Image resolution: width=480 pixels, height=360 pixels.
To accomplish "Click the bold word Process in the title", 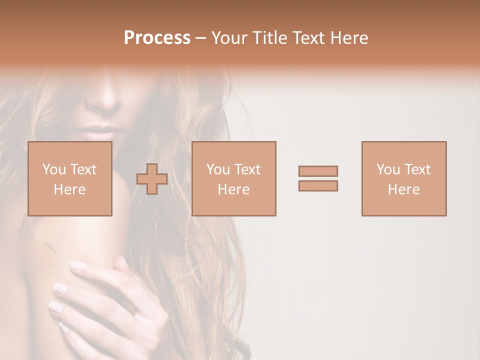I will [x=157, y=38].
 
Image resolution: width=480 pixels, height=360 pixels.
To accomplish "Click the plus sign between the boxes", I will [x=152, y=179].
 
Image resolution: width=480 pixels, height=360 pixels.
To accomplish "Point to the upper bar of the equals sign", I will [x=318, y=171].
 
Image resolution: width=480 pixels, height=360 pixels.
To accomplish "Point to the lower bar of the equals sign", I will [x=318, y=185].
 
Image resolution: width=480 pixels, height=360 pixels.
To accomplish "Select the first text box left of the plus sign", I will [x=70, y=178].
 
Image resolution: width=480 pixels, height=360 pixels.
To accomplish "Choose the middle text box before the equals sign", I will [x=234, y=178].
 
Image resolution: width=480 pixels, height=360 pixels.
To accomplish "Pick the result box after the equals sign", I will [x=404, y=178].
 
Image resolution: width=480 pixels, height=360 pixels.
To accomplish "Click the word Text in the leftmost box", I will [x=83, y=169].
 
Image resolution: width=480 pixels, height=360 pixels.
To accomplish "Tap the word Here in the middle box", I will [x=234, y=189].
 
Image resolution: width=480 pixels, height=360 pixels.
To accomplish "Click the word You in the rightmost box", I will [x=388, y=169].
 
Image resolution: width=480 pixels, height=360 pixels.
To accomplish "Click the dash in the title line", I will [x=201, y=38].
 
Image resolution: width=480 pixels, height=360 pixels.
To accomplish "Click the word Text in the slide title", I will [x=306, y=38].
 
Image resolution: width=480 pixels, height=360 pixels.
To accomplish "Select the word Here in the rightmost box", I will [x=404, y=189].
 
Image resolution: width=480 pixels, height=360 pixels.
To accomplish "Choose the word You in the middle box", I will [x=218, y=169].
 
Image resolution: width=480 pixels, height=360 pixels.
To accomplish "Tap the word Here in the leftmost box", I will [x=70, y=189].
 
